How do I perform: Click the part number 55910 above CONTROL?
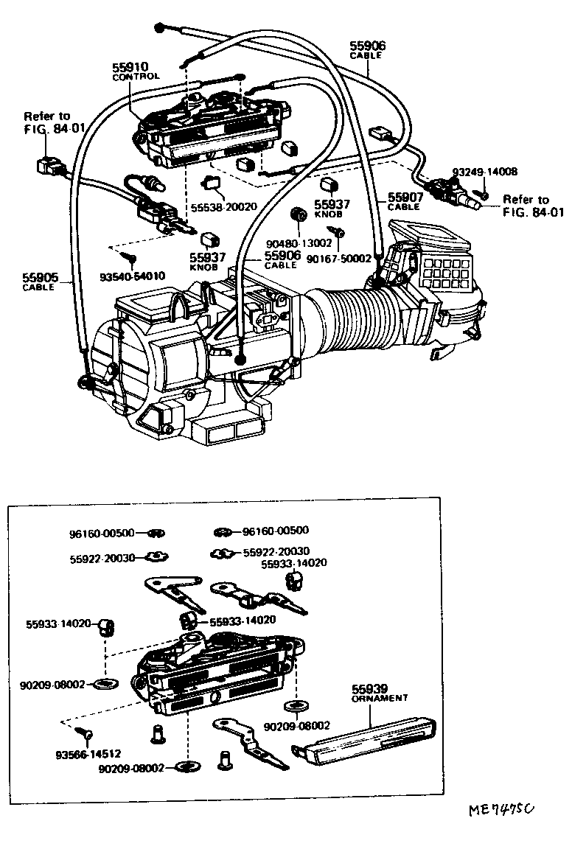pos(130,66)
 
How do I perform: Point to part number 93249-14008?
pos(484,171)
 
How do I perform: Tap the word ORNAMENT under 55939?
pos(379,697)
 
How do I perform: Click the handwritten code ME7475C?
pos(501,811)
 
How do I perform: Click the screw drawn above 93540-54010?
pos(130,258)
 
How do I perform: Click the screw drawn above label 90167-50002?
pos(340,232)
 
